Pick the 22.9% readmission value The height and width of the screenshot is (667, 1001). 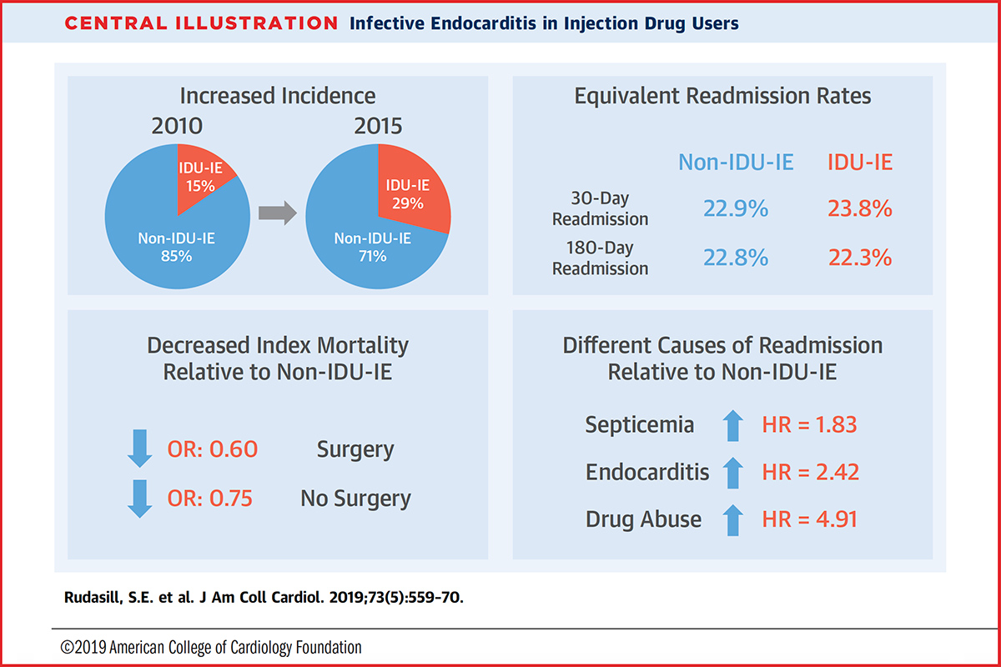[x=735, y=208]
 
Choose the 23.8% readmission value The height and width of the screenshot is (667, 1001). [x=860, y=208]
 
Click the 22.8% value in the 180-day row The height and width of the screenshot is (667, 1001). [x=735, y=258]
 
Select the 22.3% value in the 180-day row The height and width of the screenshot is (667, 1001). [x=860, y=258]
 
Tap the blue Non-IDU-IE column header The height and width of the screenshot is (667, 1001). [x=736, y=162]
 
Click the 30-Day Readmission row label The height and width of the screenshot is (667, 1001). [x=601, y=209]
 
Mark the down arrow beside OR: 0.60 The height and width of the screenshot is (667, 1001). [x=140, y=450]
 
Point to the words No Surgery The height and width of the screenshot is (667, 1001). [x=356, y=499]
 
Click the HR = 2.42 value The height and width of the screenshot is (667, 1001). [x=810, y=472]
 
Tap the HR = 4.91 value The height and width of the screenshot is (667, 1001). [x=810, y=519]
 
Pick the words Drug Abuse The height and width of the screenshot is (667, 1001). [x=644, y=519]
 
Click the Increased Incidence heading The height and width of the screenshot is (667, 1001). [x=278, y=96]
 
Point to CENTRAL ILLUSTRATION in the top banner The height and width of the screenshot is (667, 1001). [x=201, y=23]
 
